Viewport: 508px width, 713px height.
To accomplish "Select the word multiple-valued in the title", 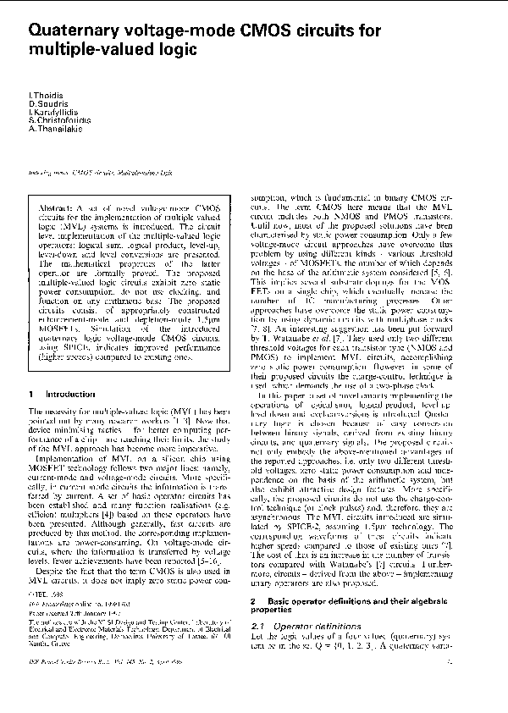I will (x=89, y=51).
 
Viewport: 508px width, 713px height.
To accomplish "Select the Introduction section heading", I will (x=70, y=395).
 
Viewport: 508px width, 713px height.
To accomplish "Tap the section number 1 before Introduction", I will (x=31, y=395).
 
